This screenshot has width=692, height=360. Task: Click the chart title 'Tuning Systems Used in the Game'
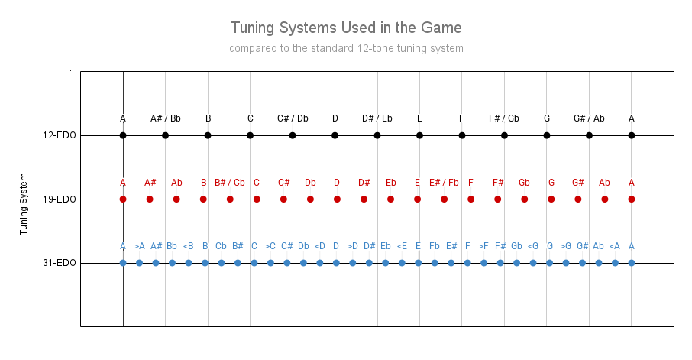click(346, 28)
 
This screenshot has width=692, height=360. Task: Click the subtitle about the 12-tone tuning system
click(346, 48)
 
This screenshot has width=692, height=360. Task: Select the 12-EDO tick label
click(60, 135)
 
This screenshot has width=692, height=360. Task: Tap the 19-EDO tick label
click(60, 199)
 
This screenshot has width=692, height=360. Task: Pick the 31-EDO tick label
click(60, 263)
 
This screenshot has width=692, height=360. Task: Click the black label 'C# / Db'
click(293, 118)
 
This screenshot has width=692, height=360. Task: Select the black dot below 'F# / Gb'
click(504, 135)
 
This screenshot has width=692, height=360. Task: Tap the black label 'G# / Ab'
click(589, 118)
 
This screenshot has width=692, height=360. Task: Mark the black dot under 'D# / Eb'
click(377, 135)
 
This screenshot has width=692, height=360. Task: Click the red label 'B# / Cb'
click(230, 183)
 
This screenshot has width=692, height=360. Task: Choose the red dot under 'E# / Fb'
click(445, 199)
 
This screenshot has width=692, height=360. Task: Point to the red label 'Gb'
click(525, 183)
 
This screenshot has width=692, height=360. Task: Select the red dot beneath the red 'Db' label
click(310, 199)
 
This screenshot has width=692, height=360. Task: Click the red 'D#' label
click(364, 183)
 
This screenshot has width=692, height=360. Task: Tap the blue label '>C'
click(270, 246)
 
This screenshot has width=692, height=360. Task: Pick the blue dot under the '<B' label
click(189, 263)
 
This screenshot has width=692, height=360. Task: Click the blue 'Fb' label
click(435, 246)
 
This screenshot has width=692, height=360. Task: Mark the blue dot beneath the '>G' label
click(566, 263)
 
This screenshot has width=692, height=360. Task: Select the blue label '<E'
click(402, 246)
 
